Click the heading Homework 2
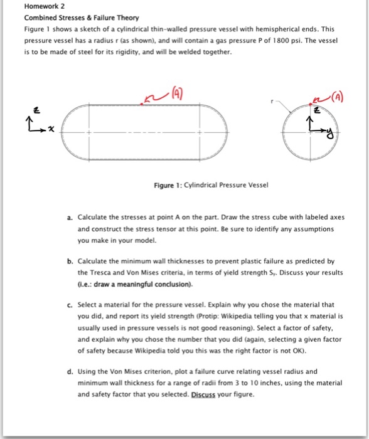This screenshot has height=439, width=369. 45,6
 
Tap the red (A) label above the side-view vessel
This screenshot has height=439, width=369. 177,93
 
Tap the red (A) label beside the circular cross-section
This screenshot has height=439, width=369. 338,97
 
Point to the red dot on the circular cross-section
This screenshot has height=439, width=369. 310,104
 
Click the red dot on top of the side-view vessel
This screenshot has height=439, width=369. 142,104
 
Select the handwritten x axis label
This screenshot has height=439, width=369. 51,129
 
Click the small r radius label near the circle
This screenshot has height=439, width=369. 272,102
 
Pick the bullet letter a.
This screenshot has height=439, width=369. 70,218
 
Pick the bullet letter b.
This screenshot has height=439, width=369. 70,262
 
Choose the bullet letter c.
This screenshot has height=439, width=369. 70,305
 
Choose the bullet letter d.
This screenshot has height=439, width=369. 70,372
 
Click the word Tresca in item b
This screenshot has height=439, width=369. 100,273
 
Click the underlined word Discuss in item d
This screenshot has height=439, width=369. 203,394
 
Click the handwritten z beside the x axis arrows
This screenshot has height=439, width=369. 36,110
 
